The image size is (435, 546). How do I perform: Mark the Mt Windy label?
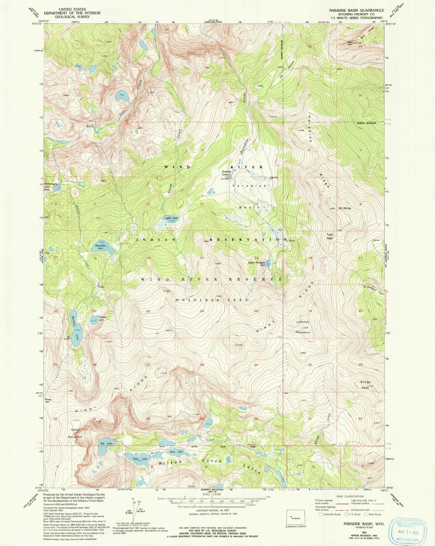(345, 208)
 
